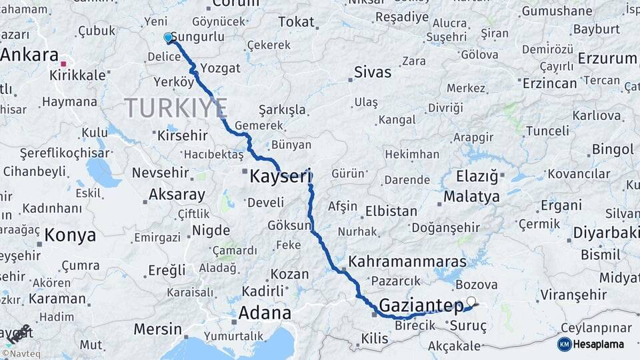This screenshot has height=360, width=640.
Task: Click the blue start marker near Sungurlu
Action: (168, 38)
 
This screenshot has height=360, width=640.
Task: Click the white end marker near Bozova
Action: (471, 301)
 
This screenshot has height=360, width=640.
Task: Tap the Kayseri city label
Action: (281, 177)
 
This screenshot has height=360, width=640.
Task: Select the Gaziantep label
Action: (421, 306)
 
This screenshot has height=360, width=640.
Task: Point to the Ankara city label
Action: (29, 55)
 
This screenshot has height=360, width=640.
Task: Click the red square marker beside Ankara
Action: (63, 64)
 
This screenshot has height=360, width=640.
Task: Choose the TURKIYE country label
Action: (176, 107)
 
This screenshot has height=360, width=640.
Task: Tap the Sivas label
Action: (373, 72)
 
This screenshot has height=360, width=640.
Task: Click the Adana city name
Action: (265, 313)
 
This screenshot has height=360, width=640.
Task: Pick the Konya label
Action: (70, 235)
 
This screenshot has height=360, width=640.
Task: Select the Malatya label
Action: (471, 197)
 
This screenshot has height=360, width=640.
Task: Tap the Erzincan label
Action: (549, 83)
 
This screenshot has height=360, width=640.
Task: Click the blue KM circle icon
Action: (564, 344)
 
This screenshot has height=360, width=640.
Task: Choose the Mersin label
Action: (157, 329)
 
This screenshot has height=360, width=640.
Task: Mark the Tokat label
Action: (296, 22)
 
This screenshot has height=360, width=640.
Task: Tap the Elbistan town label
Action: (391, 211)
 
